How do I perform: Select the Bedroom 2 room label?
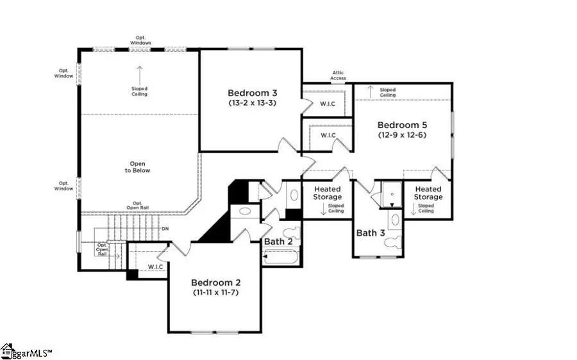[x=216, y=282]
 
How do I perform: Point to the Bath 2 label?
[x=279, y=241]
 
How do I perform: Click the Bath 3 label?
[x=371, y=233]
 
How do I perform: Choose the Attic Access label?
[x=338, y=76]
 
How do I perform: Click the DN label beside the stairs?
[x=165, y=228]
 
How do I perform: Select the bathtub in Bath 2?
[x=281, y=258]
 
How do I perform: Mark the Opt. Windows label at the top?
[x=139, y=40]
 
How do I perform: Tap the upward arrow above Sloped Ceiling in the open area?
[x=139, y=71]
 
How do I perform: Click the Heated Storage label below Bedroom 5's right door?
[x=428, y=193]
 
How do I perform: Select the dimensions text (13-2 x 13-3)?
[x=252, y=102]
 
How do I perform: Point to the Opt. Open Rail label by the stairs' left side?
[x=102, y=249]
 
